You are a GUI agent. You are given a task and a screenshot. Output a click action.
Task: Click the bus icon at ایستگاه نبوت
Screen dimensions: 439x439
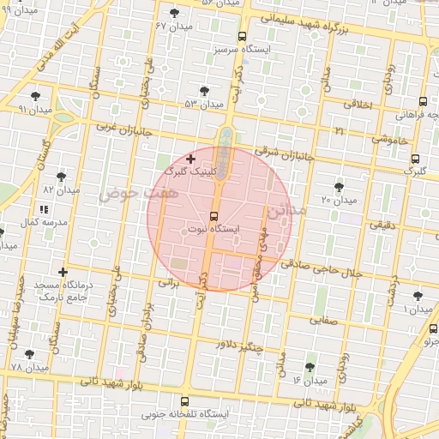click(213, 217)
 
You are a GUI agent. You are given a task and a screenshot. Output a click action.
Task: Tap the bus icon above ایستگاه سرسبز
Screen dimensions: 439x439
click(243, 37)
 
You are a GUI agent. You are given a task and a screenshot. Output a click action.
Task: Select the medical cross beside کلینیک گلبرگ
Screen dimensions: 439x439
click(190, 159)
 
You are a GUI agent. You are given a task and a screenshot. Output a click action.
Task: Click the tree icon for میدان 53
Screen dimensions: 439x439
click(204, 90)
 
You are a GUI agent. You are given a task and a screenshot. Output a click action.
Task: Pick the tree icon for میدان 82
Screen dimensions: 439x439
click(61, 177)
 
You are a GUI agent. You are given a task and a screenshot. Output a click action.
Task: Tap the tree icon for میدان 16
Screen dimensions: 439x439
click(310, 366)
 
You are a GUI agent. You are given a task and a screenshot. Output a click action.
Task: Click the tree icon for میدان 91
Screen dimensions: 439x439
click(35, 97)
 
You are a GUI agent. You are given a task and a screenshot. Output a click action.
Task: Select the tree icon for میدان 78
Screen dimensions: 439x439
click(30, 354)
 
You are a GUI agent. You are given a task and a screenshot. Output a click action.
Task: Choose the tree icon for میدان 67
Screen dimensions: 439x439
click(176, 13)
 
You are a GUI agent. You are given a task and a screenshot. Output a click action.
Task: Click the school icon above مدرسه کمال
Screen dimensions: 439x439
click(44, 208)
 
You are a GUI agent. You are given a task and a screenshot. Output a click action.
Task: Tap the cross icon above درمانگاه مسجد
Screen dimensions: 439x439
click(62, 272)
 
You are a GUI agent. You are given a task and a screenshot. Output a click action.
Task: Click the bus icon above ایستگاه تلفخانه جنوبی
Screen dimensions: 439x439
click(183, 401)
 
